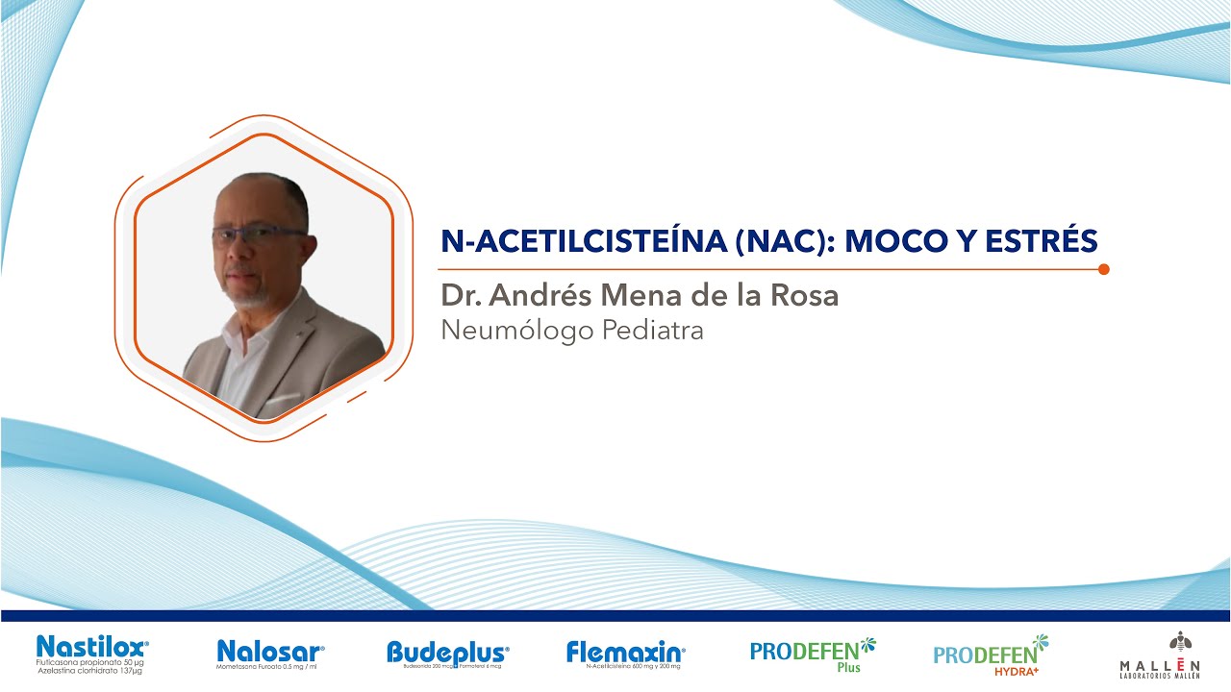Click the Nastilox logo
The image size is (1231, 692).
coord(91,648)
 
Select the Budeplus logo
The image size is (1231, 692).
coord(447,653)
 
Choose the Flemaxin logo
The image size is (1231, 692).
coord(625,652)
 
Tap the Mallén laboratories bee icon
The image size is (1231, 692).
coord(1178,641)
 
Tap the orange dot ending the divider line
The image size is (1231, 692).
coord(1103,269)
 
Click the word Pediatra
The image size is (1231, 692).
coord(652,330)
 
